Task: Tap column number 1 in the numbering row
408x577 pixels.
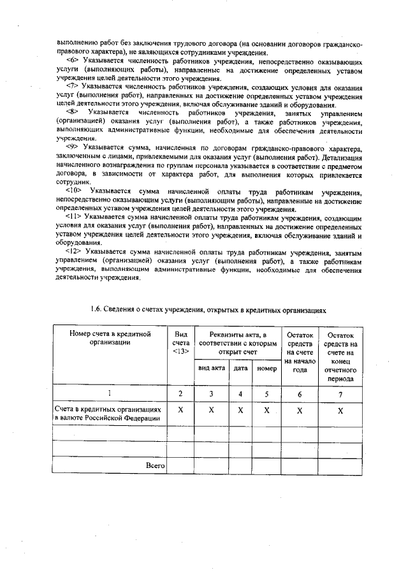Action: pyautogui.click(x=110, y=394)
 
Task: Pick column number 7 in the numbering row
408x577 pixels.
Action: pyautogui.click(x=340, y=394)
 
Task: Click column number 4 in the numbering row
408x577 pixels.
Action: pyautogui.click(x=240, y=394)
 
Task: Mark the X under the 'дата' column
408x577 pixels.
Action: pyautogui.click(x=240, y=412)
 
